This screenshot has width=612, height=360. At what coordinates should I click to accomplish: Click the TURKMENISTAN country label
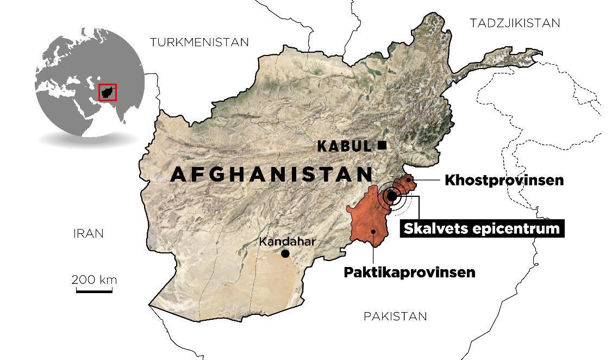[x=199, y=42]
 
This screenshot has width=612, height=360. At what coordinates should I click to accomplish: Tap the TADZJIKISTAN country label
[x=514, y=23]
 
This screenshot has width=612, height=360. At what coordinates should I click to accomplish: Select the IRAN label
[x=88, y=234]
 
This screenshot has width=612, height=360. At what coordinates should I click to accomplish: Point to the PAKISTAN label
[x=395, y=316]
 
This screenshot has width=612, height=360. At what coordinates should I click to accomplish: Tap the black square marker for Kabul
[x=382, y=145]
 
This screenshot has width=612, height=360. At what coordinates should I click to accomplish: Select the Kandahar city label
[x=287, y=241]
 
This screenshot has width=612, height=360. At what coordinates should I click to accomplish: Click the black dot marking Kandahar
[x=285, y=254]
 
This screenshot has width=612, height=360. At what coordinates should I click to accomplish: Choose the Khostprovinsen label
[x=504, y=181]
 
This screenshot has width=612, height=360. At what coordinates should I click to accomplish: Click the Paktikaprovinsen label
[x=409, y=272]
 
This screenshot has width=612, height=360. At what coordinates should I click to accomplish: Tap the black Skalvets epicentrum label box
[x=482, y=228]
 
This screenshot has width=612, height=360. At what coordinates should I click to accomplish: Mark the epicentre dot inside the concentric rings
[x=391, y=196]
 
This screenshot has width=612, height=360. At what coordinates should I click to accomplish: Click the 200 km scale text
[x=94, y=280]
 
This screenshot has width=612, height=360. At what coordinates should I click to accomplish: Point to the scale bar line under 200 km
[x=94, y=291]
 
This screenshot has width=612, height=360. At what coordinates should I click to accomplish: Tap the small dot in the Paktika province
[x=374, y=231]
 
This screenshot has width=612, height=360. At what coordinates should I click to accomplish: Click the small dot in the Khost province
[x=408, y=180]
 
